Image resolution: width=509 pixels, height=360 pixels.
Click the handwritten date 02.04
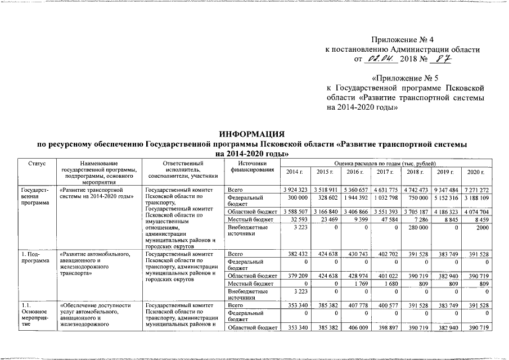coord(381,59)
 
